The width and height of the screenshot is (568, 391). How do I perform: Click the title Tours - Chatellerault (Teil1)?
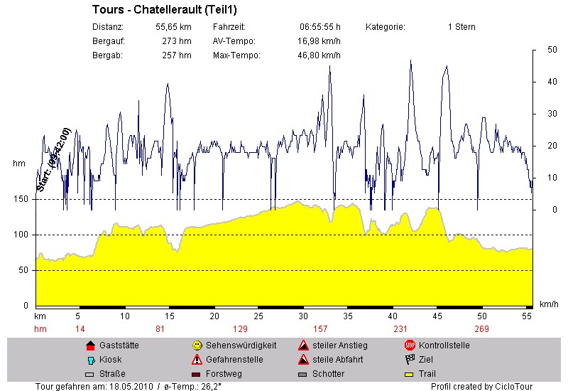pyautogui.click(x=164, y=11)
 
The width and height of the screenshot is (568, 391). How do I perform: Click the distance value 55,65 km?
pyautogui.click(x=173, y=27)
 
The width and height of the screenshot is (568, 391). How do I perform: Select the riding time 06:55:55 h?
pyautogui.click(x=319, y=27)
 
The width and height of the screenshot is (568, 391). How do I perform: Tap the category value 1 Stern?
pyautogui.click(x=461, y=27)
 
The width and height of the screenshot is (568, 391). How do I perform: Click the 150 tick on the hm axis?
pyautogui.click(x=21, y=199)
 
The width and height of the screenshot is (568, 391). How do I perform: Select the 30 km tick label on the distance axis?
pyautogui.click(x=304, y=316)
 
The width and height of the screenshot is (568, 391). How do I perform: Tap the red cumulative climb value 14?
pyautogui.click(x=80, y=328)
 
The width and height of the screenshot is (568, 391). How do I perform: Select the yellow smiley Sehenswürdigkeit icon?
pyautogui.click(x=197, y=346)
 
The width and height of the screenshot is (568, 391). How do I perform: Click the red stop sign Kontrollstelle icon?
pyautogui.click(x=410, y=346)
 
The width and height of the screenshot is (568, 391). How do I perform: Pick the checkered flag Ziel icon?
pyautogui.click(x=410, y=360)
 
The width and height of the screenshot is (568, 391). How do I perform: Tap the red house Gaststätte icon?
pyautogui.click(x=90, y=346)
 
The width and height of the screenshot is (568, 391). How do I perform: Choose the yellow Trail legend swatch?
pyautogui.click(x=410, y=374)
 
